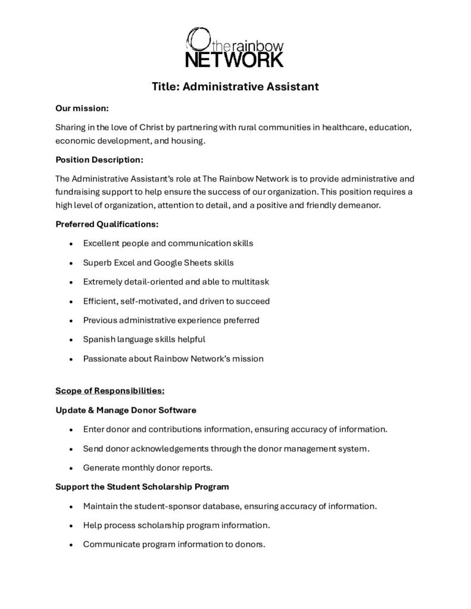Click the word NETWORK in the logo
coord(235,58)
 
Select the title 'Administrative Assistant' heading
coord(235,87)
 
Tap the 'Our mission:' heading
coord(82,109)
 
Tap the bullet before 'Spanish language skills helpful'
coord(71,340)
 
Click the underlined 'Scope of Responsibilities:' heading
coord(110,391)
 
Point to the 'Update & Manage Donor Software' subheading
coord(126,410)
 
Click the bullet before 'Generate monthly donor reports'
coord(71,467)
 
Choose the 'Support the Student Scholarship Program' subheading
coord(142,486)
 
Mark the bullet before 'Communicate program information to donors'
coord(71,545)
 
